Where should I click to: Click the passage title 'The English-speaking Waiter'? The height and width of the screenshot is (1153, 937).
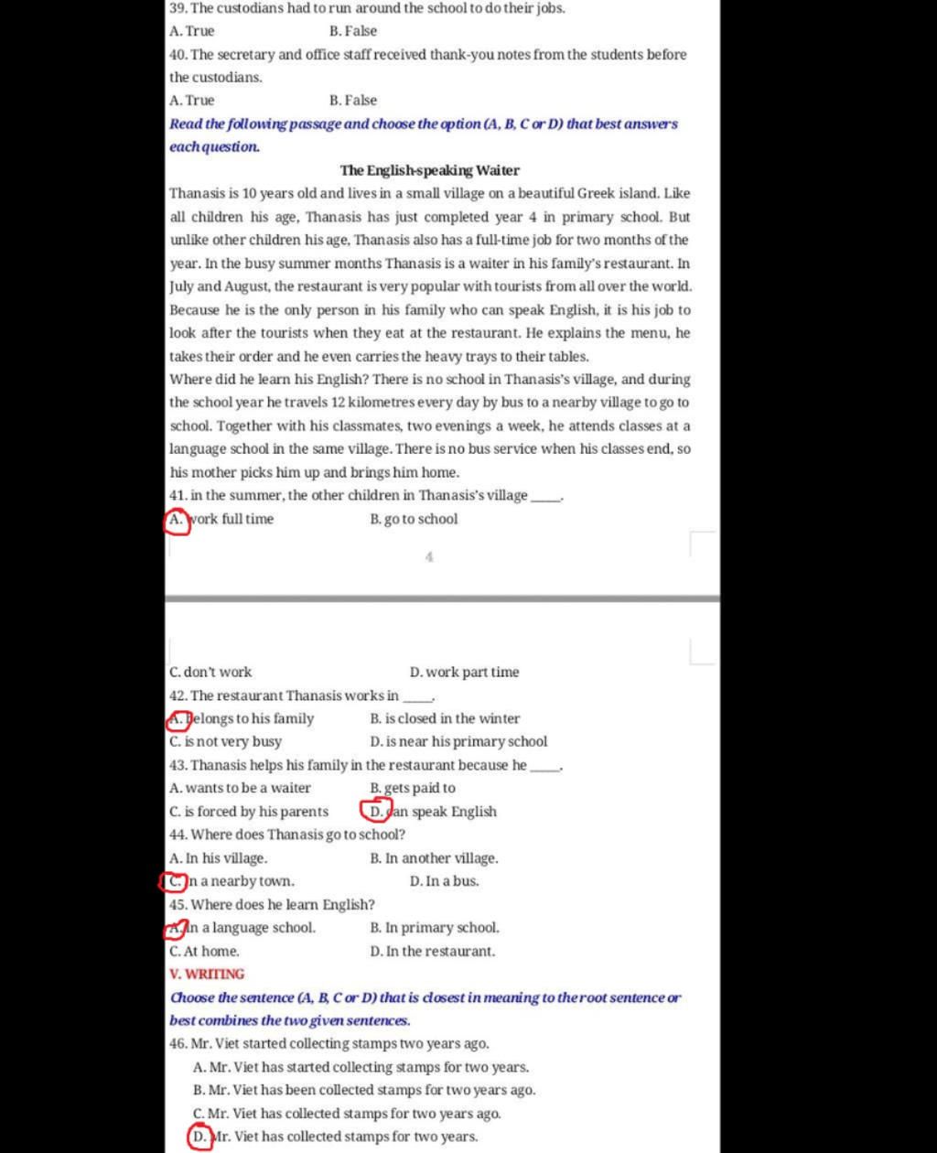(x=429, y=170)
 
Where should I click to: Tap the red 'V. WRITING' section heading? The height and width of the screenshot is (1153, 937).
(x=207, y=974)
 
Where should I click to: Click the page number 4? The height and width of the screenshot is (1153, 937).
(x=429, y=555)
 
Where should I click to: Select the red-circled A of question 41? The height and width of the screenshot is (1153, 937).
(x=177, y=520)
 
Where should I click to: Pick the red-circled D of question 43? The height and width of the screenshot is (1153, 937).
(x=376, y=811)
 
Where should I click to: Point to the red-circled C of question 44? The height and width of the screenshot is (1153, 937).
(x=173, y=881)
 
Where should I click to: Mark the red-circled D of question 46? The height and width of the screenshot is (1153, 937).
(x=199, y=1137)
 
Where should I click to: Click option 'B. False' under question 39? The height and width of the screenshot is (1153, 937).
(x=352, y=31)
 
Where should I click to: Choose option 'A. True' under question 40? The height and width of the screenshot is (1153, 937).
(x=192, y=101)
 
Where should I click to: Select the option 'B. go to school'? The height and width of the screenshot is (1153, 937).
(x=414, y=519)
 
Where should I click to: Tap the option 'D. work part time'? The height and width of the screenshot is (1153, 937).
(x=464, y=672)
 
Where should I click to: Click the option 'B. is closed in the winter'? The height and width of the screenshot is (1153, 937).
(x=445, y=718)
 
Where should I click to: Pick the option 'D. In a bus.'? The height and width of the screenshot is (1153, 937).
(x=444, y=881)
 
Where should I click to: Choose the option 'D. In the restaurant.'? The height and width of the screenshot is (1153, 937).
(x=432, y=951)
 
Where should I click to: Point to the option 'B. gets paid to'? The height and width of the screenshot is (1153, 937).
(x=412, y=788)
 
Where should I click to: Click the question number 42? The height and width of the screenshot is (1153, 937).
(x=178, y=695)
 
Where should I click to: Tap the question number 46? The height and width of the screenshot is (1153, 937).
(x=178, y=1043)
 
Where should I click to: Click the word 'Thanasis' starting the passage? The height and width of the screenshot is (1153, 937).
(x=196, y=194)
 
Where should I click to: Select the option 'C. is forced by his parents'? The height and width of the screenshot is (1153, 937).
(x=249, y=812)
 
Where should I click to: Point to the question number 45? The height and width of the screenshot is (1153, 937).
(x=178, y=905)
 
